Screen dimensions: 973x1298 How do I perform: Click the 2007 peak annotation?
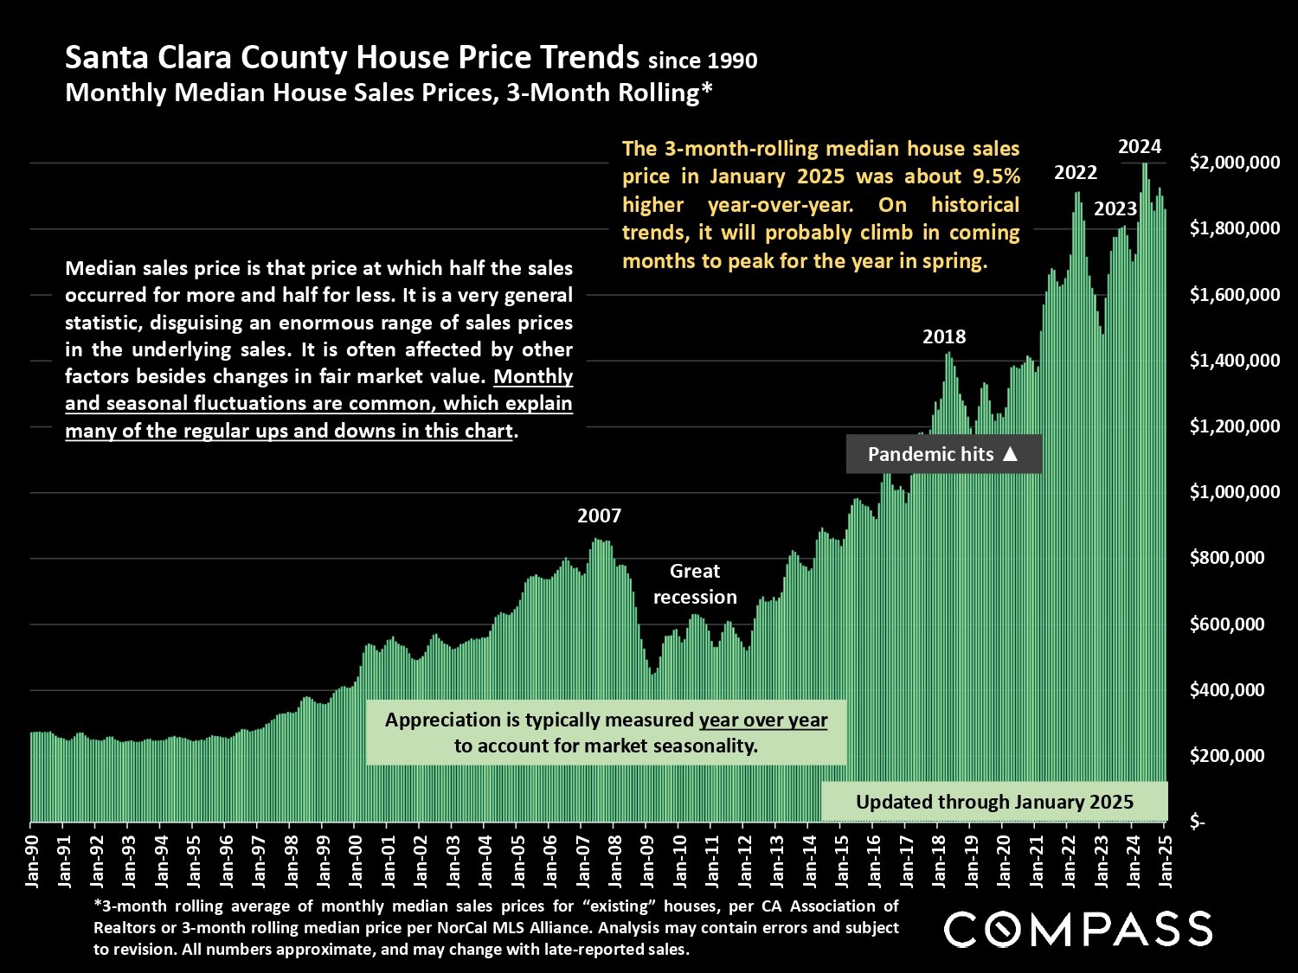click(599, 516)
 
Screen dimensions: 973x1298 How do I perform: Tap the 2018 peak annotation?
click(944, 336)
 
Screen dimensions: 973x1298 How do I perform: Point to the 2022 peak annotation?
click(1076, 172)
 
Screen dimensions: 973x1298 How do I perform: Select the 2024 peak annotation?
click(1140, 146)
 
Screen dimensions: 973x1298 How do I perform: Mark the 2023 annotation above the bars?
click(1115, 208)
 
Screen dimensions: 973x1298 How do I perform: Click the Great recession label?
click(695, 584)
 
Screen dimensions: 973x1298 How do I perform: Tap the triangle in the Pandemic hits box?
click(1010, 454)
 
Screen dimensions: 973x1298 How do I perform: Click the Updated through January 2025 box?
click(994, 802)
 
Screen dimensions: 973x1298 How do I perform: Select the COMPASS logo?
click(1078, 930)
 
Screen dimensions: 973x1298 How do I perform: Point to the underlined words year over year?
click(763, 720)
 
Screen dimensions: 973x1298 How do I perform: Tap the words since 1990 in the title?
click(703, 61)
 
